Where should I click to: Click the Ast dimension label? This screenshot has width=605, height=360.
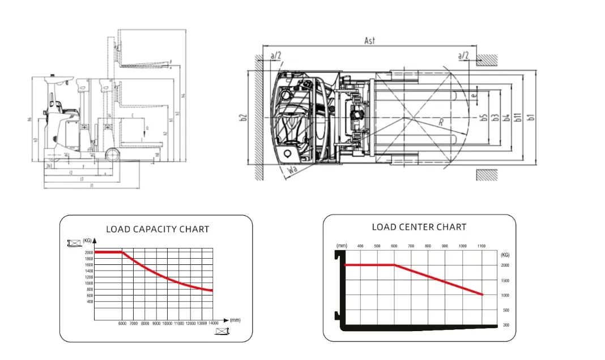point(370,41)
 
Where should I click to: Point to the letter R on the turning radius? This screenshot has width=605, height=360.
point(440,122)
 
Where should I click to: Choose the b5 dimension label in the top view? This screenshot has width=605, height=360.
point(484,118)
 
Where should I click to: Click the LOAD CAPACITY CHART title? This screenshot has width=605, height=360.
point(157,229)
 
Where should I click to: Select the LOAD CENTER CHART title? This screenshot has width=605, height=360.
point(419,227)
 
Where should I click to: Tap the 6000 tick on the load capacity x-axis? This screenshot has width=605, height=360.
point(122,323)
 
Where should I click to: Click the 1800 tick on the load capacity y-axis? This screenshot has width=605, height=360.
point(89,259)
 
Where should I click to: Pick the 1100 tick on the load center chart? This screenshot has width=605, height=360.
point(482,246)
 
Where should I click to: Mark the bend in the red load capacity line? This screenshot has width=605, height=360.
point(122,252)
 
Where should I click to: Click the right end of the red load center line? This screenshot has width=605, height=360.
point(482,294)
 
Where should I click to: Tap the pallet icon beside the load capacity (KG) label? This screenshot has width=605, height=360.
point(74,243)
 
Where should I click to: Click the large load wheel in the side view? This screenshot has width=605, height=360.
point(112,155)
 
